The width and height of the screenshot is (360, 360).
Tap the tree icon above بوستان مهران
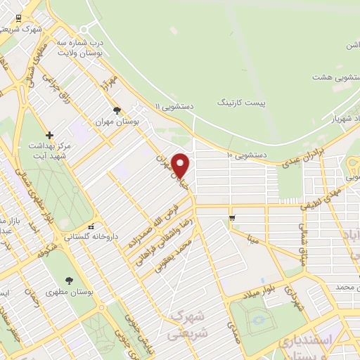pyautogui.click(x=117, y=110)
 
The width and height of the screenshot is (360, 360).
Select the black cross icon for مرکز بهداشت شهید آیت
pyautogui.click(x=49, y=134)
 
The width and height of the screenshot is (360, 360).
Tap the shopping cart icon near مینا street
pyautogui.click(x=231, y=217)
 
